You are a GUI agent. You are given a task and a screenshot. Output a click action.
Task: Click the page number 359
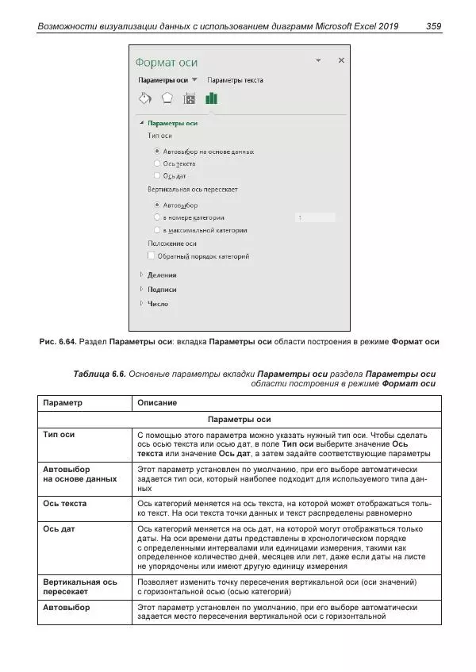[433, 27]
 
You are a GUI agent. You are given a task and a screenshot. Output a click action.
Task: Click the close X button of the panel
[341, 60]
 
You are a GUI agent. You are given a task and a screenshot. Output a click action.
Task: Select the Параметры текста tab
[235, 80]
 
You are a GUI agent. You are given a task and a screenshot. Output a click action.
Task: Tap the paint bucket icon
[144, 98]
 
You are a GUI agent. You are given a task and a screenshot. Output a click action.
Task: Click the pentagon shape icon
[167, 98]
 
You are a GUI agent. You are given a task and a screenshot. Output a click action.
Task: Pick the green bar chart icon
[211, 98]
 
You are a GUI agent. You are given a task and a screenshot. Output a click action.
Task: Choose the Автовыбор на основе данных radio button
[157, 151]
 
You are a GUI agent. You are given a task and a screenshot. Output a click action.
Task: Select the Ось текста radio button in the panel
[157, 163]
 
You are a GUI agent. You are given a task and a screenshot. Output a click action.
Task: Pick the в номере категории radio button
[157, 217]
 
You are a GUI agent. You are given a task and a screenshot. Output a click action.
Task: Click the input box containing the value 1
[314, 217]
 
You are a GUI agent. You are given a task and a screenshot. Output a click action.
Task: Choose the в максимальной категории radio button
[157, 230]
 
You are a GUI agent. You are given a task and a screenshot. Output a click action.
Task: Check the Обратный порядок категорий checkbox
[152, 256]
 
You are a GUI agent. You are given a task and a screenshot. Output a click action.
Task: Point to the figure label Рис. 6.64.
[57, 342]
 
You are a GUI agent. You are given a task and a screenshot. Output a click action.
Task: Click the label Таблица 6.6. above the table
[98, 373]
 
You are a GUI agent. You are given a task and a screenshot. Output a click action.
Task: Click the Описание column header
[157, 403]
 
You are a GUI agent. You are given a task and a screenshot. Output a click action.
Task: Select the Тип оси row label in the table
[59, 436]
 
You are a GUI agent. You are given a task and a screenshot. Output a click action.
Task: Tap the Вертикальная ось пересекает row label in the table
[80, 587]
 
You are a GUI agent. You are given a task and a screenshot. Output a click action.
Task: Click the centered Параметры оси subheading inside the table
[239, 419]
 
